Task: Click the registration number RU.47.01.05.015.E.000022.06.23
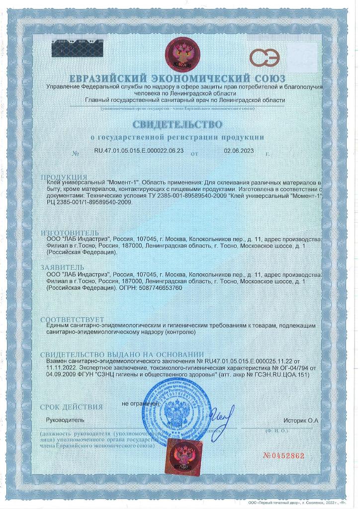[x=139, y=150]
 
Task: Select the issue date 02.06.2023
[x=239, y=150]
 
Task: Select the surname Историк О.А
[x=300, y=421]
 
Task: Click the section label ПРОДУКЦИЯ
[x=64, y=177]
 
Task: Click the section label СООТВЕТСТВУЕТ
[x=72, y=319]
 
